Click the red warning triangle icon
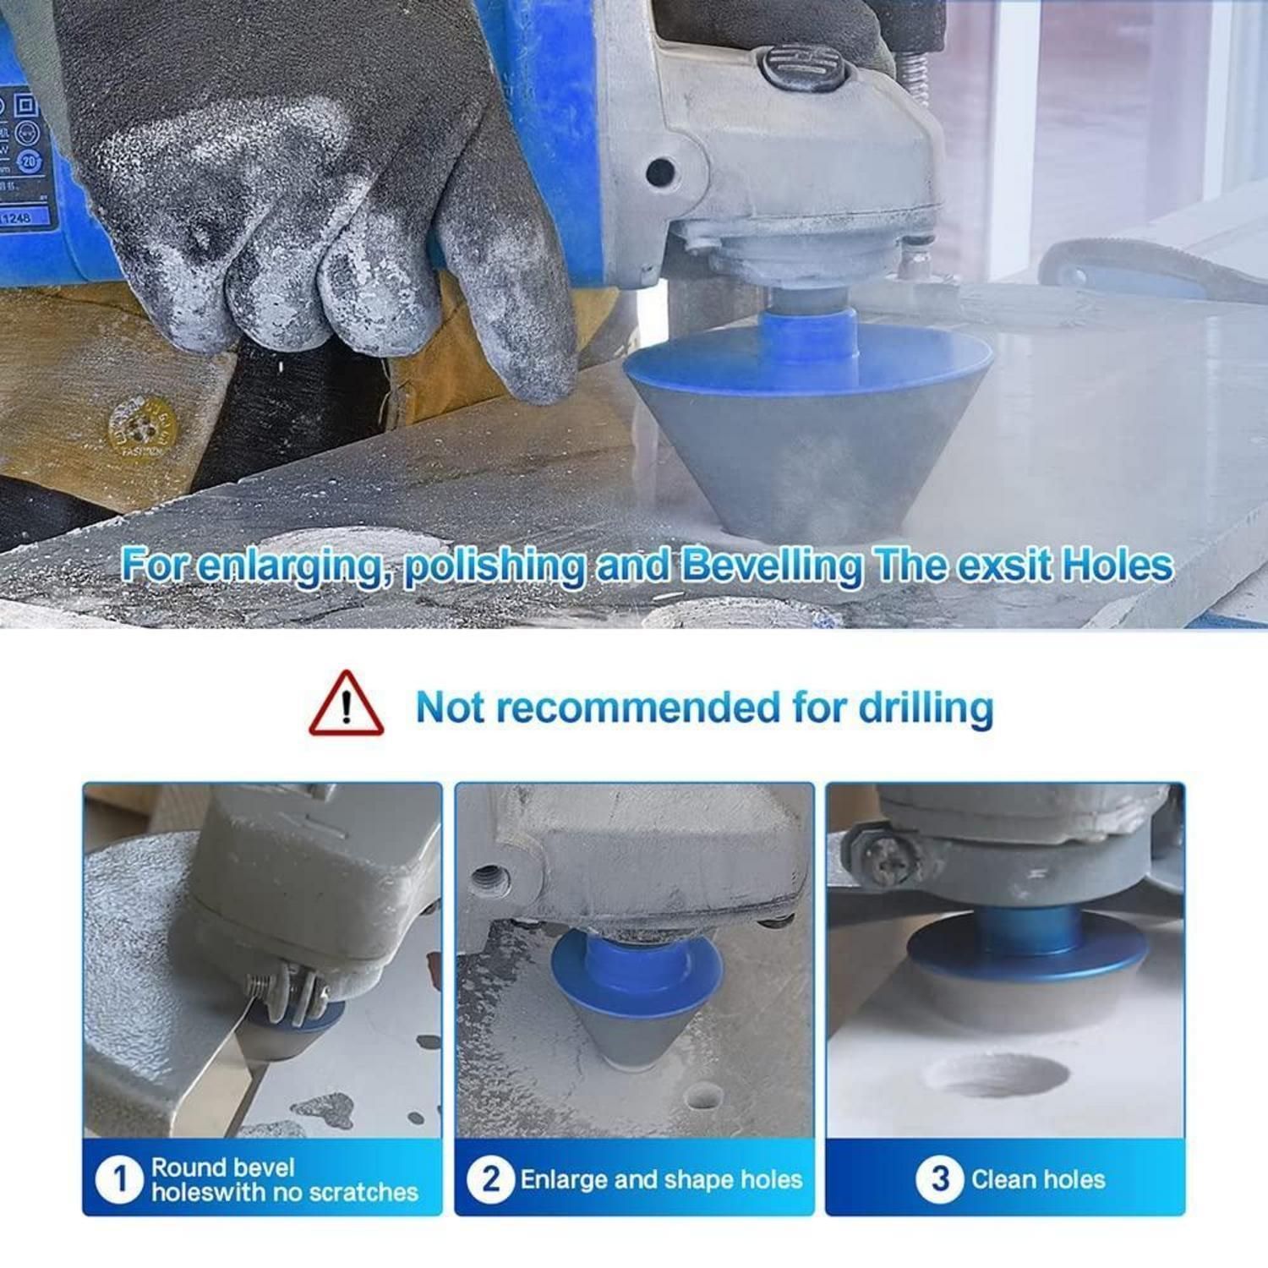tap(346, 705)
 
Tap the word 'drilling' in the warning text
tap(926, 708)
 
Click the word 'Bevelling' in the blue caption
tap(771, 566)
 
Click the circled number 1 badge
tap(118, 1180)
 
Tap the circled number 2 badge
tap(490, 1179)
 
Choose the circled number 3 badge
tap(939, 1179)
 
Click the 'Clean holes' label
tap(1038, 1179)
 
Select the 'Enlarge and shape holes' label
tap(661, 1179)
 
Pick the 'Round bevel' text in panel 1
tap(222, 1167)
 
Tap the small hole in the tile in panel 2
tap(702, 1096)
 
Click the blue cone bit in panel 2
tap(634, 993)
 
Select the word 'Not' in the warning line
tap(450, 708)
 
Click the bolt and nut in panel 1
tap(287, 992)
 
